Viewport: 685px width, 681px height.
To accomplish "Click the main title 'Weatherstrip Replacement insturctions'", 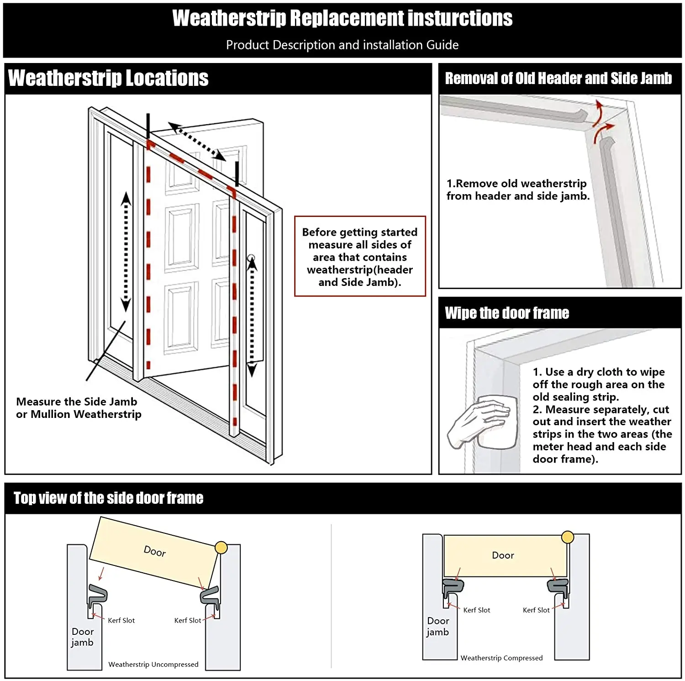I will (342, 19).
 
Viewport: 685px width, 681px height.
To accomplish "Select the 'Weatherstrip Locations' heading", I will (108, 78).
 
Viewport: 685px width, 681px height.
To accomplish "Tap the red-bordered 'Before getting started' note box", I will (360, 257).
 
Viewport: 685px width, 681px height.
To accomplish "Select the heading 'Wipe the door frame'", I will (507, 313).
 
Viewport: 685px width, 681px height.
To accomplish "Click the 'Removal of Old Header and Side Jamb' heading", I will (558, 79).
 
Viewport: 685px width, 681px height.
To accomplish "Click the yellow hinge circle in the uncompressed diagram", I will (221, 547).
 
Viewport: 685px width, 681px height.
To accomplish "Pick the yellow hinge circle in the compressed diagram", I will (568, 537).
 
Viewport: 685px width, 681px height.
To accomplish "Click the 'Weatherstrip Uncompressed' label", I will (153, 665).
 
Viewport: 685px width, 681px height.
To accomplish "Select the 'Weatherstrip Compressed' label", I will (501, 658).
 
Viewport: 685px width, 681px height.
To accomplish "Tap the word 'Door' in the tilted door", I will (155, 551).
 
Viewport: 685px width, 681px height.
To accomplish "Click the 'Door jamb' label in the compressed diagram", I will (438, 627).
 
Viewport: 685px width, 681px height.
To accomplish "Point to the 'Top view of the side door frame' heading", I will (108, 498).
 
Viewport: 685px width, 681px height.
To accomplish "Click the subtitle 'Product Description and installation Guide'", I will (342, 45).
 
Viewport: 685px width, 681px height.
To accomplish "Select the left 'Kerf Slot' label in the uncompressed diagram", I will (121, 620).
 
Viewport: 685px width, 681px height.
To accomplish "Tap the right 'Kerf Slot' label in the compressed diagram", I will (536, 610).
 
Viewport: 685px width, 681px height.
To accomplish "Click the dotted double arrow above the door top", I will (197, 141).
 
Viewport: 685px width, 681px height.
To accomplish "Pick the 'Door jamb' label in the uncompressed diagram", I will (82, 637).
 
